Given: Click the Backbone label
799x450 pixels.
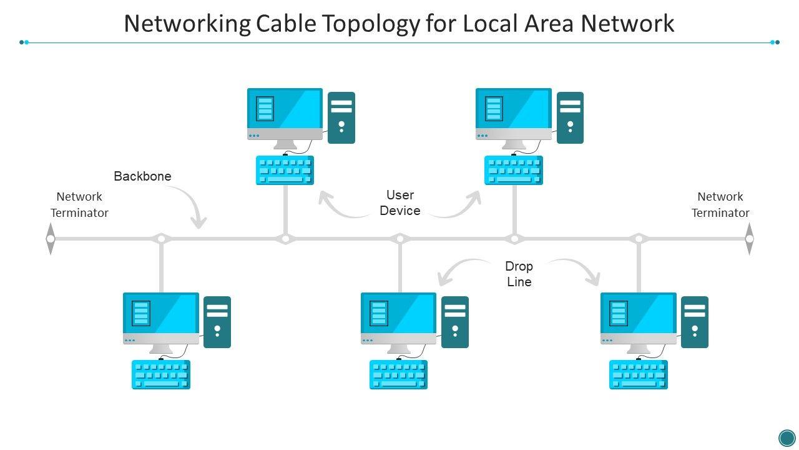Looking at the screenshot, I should pos(142,176).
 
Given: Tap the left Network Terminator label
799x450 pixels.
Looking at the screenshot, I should pos(79,204).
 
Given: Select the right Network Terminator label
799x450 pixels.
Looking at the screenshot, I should pos(720,204).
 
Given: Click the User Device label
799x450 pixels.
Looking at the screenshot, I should pos(400,202).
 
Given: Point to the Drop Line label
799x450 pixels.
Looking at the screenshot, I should pos(519,274).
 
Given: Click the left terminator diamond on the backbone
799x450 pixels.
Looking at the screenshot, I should pos(51,239).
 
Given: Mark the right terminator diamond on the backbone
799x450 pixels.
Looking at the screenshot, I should pos(749,239).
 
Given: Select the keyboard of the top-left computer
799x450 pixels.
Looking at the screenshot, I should pos(285,171).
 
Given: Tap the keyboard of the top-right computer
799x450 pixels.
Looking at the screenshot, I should pos(514,171).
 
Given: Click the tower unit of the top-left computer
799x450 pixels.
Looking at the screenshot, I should pos(341,117).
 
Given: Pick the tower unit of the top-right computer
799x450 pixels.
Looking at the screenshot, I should pos(570,117).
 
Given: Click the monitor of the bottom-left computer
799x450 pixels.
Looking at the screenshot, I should pos(161,318).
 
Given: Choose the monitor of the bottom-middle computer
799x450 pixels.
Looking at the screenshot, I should pos(399,318).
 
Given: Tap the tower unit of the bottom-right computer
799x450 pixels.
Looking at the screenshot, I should pos(695,322).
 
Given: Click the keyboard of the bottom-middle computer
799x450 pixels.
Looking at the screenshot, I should pos(398,375).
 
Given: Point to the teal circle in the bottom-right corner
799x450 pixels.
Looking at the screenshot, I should pos(787,437).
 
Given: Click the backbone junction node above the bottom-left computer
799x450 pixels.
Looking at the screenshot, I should pos(161,239).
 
